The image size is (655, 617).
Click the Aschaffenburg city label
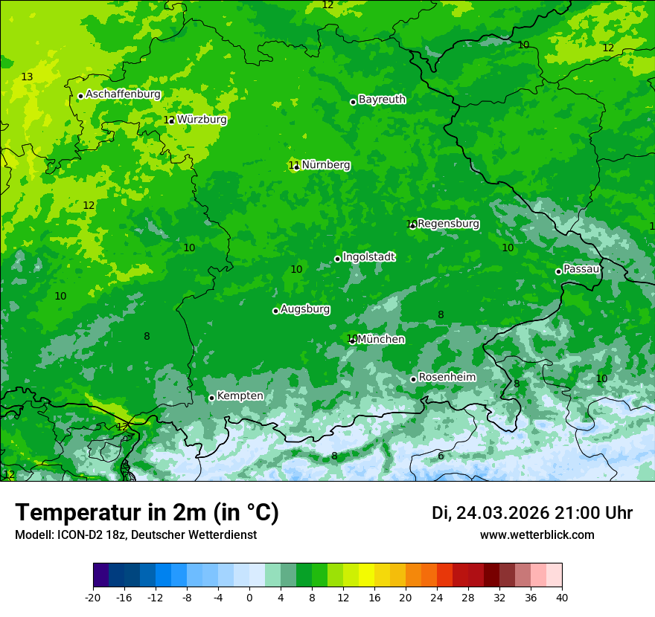[123, 94]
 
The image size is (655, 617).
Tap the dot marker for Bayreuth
[353, 102]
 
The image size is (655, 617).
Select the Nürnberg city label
[326, 165]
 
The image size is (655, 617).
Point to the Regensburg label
[448, 224]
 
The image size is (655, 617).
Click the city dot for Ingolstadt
[337, 259]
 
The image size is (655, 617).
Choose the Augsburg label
[305, 309]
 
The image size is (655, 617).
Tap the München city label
[381, 340]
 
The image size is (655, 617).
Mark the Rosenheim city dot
[413, 379]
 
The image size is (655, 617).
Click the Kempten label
[240, 396]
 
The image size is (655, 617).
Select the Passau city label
[581, 269]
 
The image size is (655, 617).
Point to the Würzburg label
[202, 119]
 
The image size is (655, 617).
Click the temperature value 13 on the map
[27, 77]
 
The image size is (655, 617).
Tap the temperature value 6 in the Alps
[441, 456]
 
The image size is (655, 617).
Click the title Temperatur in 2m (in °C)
[147, 513]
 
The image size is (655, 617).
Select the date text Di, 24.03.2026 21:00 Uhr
[532, 513]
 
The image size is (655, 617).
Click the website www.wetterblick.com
[537, 534]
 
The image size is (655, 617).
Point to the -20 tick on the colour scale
[93, 597]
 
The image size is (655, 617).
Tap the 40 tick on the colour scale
[561, 597]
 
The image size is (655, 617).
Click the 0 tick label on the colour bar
[249, 597]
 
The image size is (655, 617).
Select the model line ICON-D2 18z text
[135, 534]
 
